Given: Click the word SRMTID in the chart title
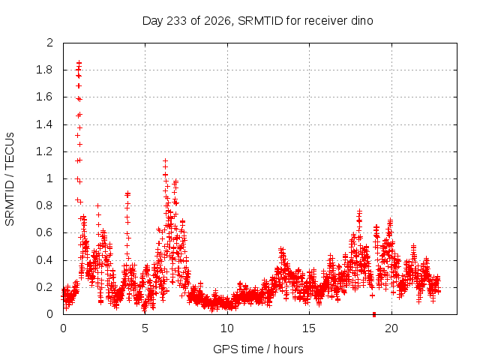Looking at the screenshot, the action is [260, 21].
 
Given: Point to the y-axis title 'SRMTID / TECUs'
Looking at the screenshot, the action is [10, 179].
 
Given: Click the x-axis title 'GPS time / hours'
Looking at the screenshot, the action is [258, 349].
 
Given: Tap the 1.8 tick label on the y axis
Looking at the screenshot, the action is [44, 70].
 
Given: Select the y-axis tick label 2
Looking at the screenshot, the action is [50, 43].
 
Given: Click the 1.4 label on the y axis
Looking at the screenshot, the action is [44, 124].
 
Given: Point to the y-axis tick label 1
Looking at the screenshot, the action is [50, 178].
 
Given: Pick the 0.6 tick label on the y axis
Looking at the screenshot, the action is [44, 232].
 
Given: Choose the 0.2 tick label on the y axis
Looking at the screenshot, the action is [44, 287].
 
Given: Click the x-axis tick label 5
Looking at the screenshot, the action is [145, 328].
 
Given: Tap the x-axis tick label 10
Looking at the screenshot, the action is [227, 328].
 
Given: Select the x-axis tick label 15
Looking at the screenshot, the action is [309, 328].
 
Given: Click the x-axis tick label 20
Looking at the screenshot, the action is [391, 328].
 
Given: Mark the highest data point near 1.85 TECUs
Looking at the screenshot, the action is [79, 62].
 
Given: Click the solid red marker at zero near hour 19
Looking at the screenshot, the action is [374, 314].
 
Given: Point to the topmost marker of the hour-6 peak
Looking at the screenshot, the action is [165, 160].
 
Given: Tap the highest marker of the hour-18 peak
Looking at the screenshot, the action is [360, 211].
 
